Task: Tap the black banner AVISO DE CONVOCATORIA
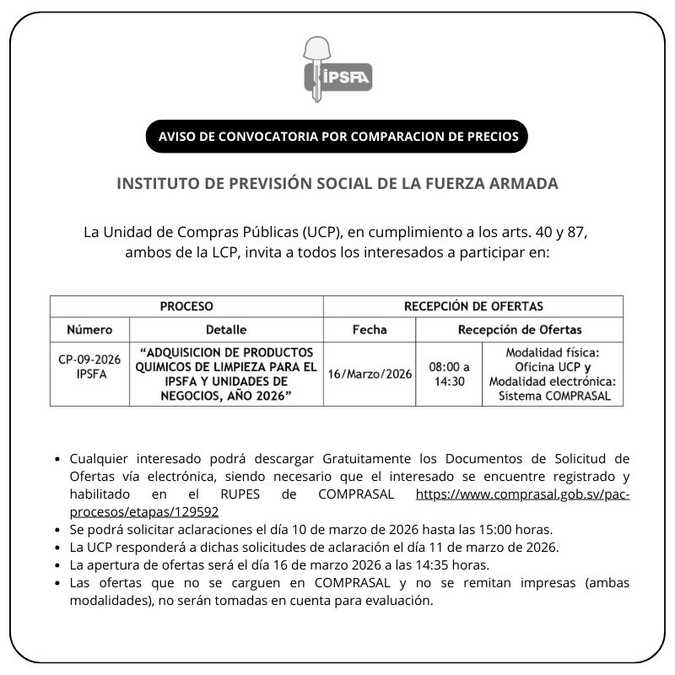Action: [x=337, y=137]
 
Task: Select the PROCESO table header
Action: [x=186, y=306]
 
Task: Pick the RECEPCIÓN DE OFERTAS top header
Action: [x=473, y=306]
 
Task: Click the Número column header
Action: [x=89, y=329]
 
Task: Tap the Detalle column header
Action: [x=226, y=329]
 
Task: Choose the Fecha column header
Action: [x=370, y=329]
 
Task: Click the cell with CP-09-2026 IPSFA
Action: [x=89, y=366]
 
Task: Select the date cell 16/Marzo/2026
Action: [x=370, y=374]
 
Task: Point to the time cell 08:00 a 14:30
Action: [x=449, y=374]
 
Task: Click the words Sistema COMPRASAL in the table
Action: [x=553, y=396]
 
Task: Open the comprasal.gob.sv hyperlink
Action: [x=523, y=494]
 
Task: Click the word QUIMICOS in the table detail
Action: [x=169, y=367]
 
